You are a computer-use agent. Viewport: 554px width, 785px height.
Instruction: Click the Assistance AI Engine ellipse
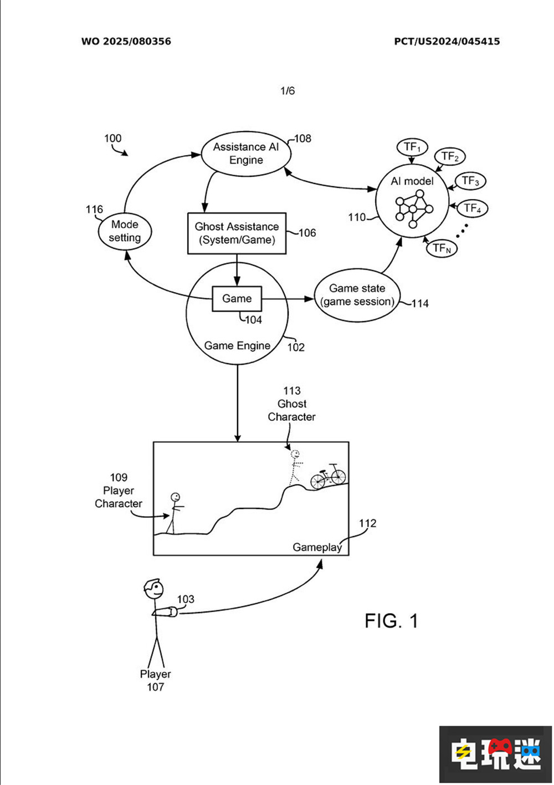(246, 154)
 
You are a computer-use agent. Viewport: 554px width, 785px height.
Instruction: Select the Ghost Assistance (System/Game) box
(237, 233)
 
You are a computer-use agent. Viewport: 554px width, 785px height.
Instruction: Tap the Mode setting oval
(125, 231)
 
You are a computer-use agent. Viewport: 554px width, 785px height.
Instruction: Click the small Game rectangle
(237, 299)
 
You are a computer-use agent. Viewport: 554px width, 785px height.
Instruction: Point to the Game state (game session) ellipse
(357, 295)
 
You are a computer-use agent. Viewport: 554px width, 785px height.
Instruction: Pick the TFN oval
(442, 248)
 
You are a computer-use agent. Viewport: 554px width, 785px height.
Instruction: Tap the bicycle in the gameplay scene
(328, 476)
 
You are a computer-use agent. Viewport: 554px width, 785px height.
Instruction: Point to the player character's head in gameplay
(175, 497)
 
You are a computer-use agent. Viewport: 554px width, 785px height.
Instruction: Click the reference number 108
(302, 139)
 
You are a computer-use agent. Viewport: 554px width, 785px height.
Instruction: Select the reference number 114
(420, 304)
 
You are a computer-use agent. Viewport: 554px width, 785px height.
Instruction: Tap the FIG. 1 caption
(391, 621)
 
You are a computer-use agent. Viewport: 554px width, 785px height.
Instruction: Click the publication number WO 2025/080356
(126, 42)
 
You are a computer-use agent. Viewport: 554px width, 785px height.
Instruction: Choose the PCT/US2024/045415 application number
(447, 42)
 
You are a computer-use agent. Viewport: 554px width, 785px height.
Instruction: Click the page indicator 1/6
(288, 91)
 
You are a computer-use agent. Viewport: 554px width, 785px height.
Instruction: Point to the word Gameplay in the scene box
(317, 547)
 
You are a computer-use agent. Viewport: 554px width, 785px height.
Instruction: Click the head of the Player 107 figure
(153, 589)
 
